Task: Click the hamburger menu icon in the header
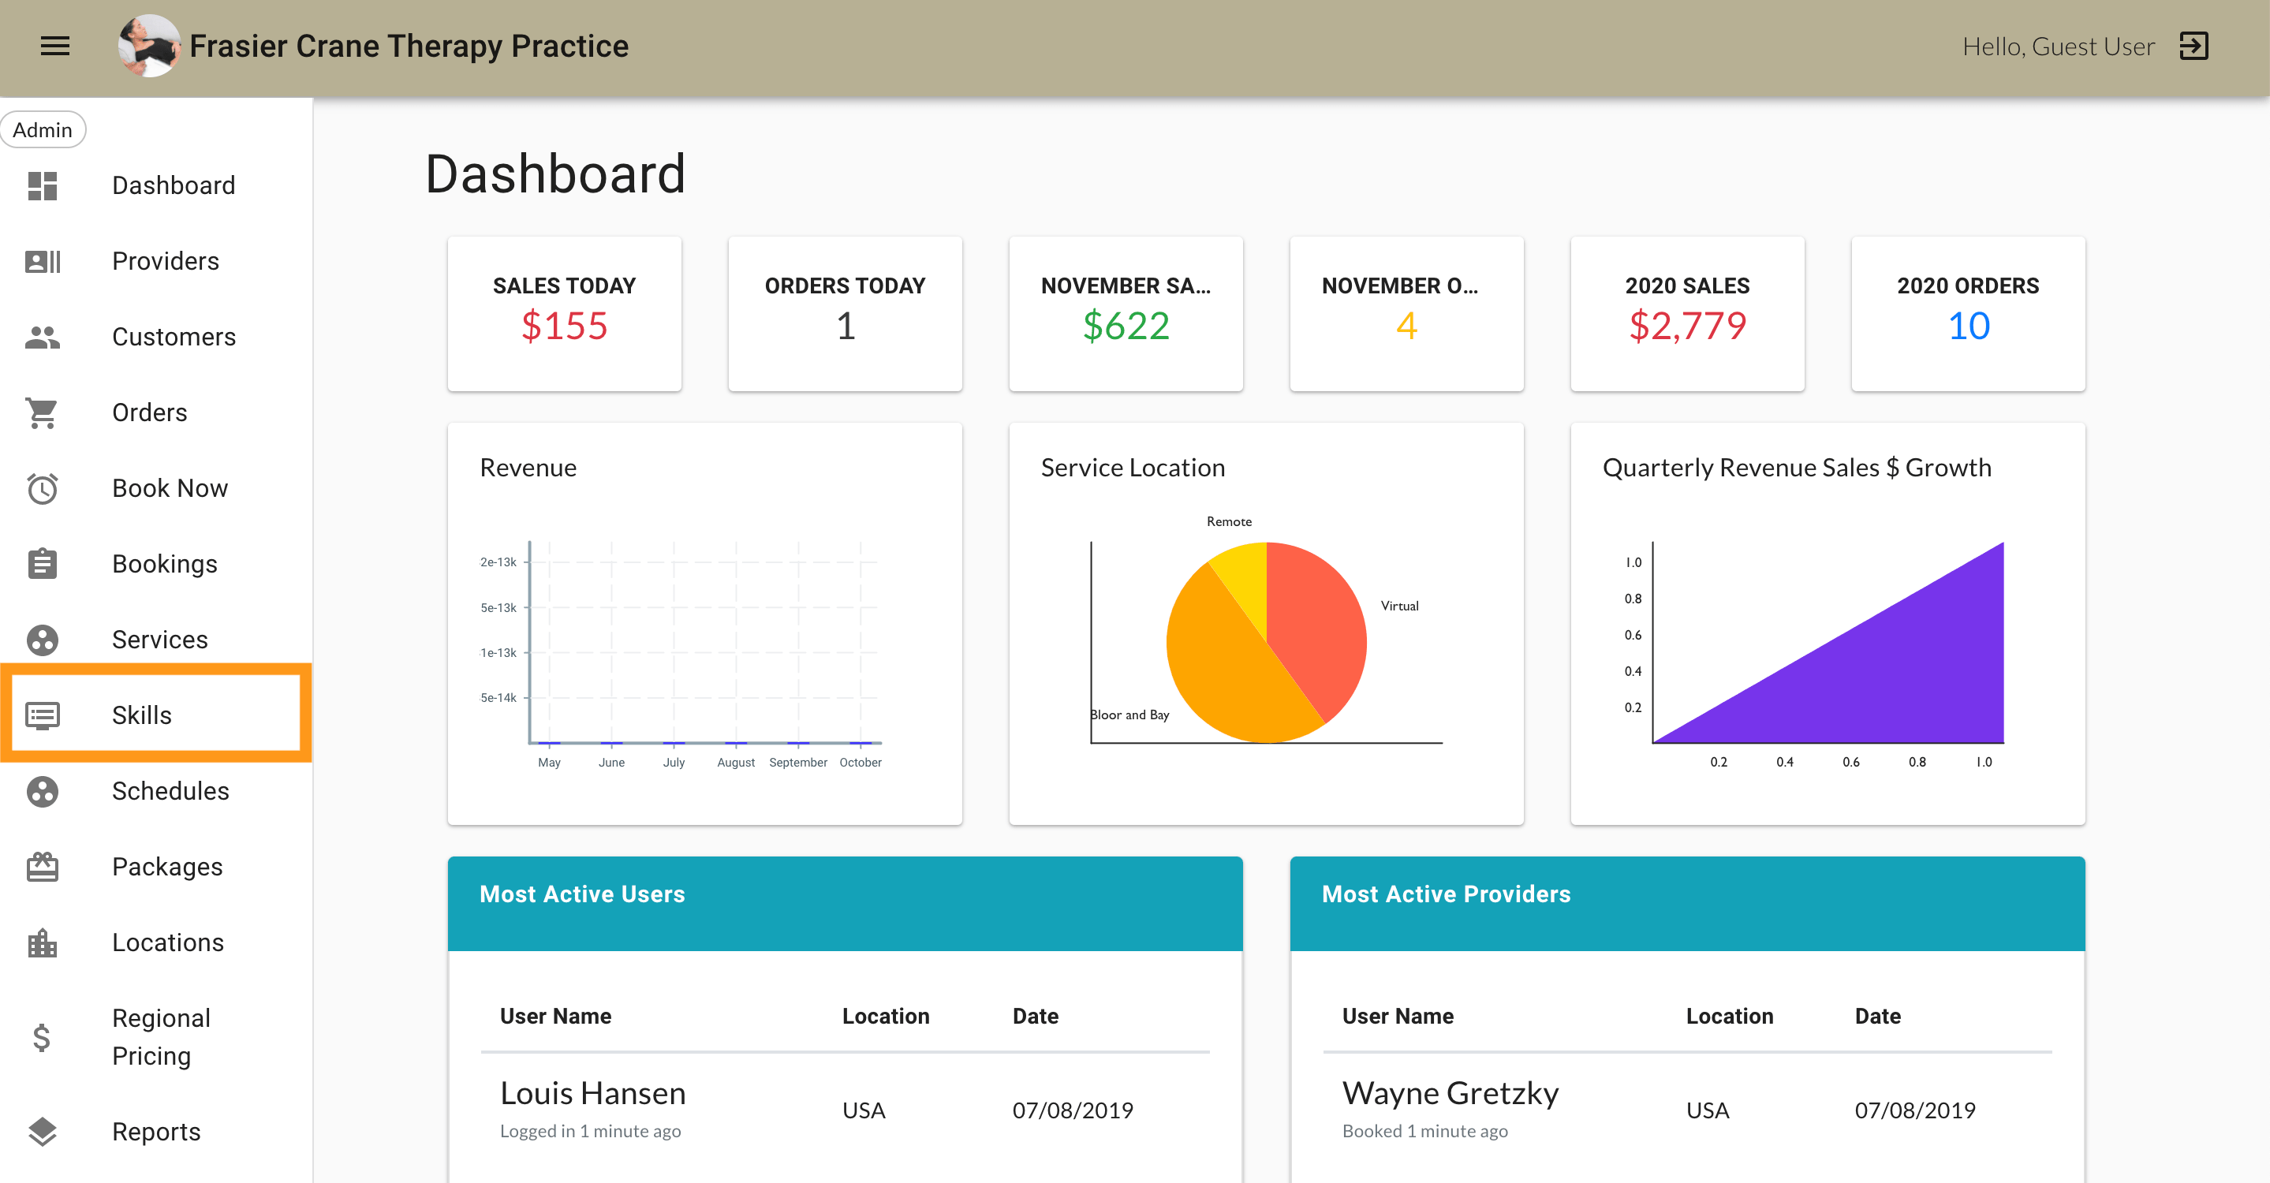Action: pyautogui.click(x=54, y=46)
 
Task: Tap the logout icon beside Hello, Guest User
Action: pyautogui.click(x=2193, y=46)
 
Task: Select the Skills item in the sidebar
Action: pyautogui.click(x=142, y=715)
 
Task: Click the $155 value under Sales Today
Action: pyautogui.click(x=564, y=326)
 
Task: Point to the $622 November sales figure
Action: pyautogui.click(x=1126, y=326)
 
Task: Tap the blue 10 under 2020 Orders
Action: pyautogui.click(x=1968, y=326)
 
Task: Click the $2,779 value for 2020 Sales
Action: pyautogui.click(x=1686, y=326)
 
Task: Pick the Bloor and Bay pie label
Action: pyautogui.click(x=1129, y=715)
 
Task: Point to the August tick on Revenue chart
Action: pyautogui.click(x=736, y=762)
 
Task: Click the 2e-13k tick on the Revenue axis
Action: pyautogui.click(x=498, y=562)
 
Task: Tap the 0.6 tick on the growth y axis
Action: pyautogui.click(x=1633, y=635)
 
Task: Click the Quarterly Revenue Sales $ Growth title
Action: pyautogui.click(x=1796, y=468)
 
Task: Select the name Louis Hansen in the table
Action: pyautogui.click(x=592, y=1093)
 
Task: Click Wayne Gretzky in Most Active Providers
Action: pyautogui.click(x=1450, y=1093)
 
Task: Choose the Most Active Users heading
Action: pyautogui.click(x=581, y=894)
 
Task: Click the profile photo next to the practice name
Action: pyautogui.click(x=149, y=46)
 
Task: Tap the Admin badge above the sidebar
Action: pyautogui.click(x=43, y=130)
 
